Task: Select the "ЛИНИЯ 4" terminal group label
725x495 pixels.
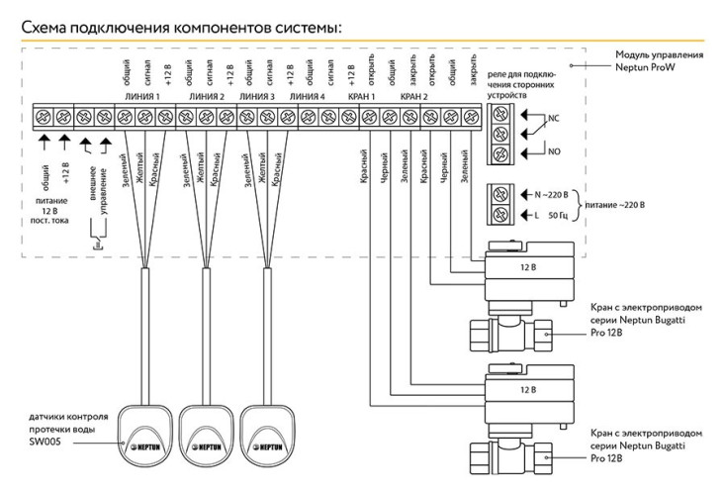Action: [308, 97]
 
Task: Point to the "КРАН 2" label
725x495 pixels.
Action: [414, 97]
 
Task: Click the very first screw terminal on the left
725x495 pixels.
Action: [43, 116]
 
